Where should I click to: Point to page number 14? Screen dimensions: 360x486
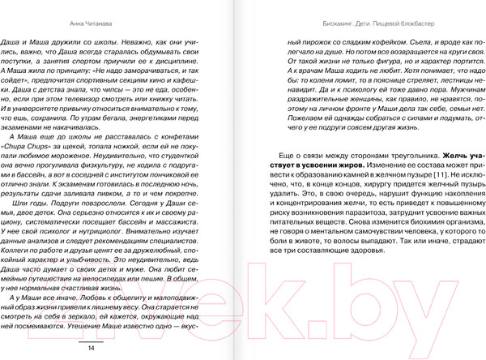(91, 347)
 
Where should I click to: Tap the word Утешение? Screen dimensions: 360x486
(75, 330)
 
